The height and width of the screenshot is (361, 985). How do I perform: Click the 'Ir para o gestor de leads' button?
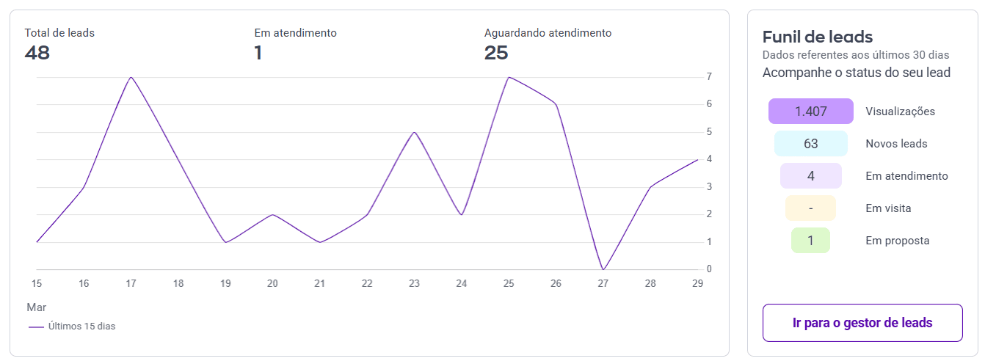862,323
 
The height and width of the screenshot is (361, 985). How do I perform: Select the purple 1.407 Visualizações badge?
811,112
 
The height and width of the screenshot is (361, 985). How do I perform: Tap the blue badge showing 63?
811,143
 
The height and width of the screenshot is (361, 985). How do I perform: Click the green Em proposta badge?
810,241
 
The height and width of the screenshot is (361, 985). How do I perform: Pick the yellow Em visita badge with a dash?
810,208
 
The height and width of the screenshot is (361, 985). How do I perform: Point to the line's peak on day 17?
131,77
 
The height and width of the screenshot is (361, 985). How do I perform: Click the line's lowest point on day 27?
603,269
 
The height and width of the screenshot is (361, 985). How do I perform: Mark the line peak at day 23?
414,132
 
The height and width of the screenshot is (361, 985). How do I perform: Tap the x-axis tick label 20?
272,284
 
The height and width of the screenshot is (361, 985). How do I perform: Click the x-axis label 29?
697,284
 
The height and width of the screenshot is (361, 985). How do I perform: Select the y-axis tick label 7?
709,76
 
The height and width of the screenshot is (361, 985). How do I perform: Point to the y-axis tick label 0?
709,269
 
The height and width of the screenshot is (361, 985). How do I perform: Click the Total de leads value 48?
37,53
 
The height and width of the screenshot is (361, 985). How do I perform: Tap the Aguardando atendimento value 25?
496,53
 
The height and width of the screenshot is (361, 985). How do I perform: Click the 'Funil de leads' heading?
818,37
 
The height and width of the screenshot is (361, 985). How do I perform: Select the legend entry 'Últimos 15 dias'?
72,327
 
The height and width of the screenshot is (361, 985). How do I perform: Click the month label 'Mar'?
37,307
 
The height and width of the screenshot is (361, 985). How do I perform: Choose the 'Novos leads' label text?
896,144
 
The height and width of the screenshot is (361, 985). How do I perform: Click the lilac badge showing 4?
811,176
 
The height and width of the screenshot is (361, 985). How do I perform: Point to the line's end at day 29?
698,160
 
